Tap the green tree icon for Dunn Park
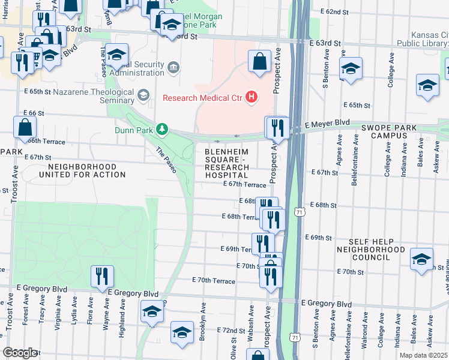pyautogui.click(x=161, y=128)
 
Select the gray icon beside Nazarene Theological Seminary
pyautogui.click(x=143, y=95)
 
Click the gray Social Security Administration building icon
pyautogui.click(x=173, y=65)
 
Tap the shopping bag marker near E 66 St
pyautogui.click(x=25, y=127)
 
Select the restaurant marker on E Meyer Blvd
pyautogui.click(x=277, y=127)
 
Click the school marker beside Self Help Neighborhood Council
pyautogui.click(x=422, y=259)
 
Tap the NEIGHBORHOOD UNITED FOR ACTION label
pyautogui.click(x=82, y=170)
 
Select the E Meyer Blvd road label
pyautogui.click(x=327, y=124)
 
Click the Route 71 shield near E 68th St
pyautogui.click(x=298, y=212)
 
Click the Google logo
pyautogui.click(x=19, y=353)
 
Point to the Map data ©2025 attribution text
pyautogui.click(x=423, y=355)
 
